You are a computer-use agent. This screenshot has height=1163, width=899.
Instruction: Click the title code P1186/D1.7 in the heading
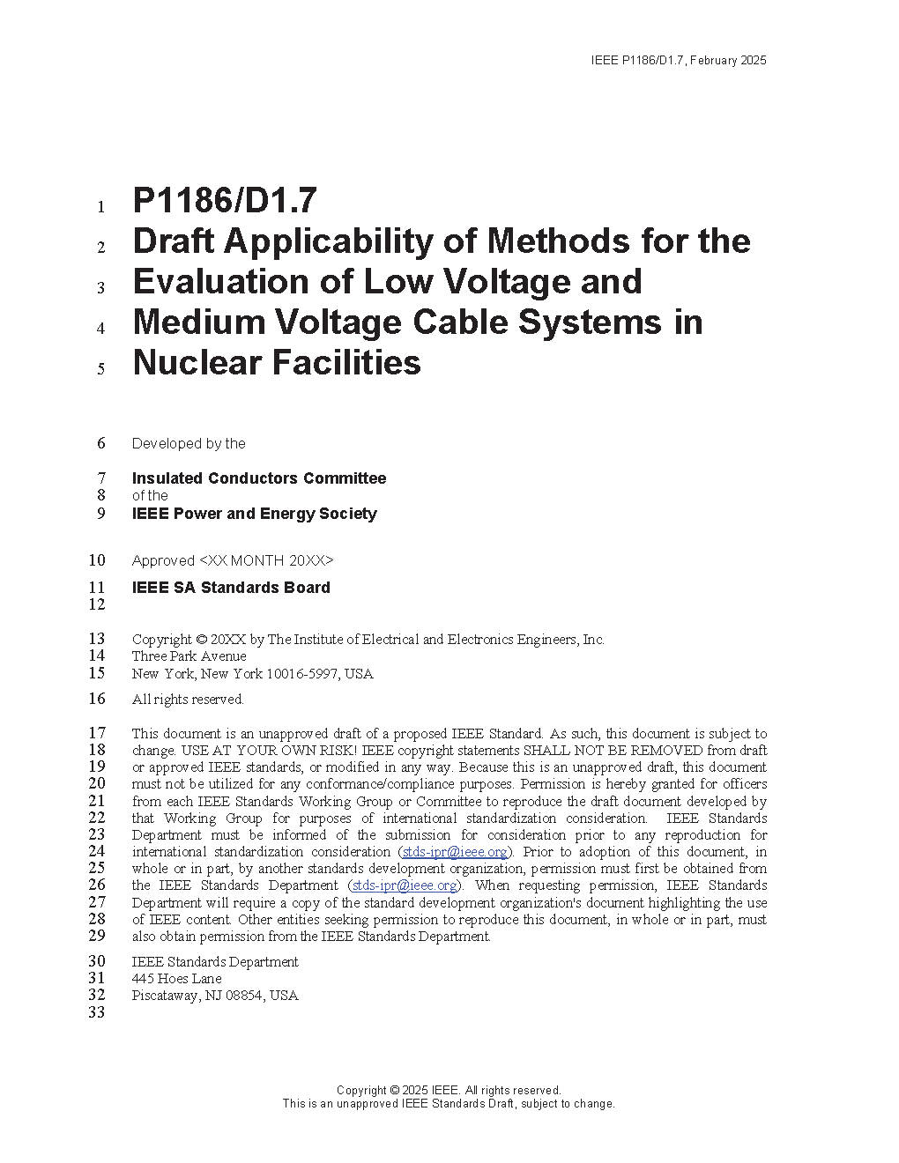coord(224,201)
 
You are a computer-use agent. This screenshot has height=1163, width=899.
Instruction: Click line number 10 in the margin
coord(97,560)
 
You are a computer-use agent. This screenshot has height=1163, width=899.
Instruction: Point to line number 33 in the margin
coord(97,1012)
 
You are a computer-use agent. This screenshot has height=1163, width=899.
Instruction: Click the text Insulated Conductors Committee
coord(259,478)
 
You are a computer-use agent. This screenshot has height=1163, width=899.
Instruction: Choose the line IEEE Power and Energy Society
coord(254,514)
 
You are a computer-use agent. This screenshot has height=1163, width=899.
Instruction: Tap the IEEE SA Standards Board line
coord(231,588)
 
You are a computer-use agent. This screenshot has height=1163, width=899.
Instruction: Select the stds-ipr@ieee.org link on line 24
coord(455,852)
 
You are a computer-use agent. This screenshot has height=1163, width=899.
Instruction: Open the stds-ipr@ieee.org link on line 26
coord(405,885)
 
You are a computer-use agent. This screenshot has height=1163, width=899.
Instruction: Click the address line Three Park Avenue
coord(189,656)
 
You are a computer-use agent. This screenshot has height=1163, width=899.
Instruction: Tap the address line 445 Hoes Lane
coord(176,979)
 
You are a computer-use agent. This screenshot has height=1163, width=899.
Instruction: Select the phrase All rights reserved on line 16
coord(188,700)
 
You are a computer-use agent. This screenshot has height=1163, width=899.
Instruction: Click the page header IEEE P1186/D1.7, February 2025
coord(679,61)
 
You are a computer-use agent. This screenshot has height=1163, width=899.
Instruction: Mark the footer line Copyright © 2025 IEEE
coord(449,1091)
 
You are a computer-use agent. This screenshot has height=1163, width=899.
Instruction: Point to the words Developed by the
coord(189,444)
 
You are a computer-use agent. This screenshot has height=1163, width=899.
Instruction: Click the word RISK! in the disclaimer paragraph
coord(334,751)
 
